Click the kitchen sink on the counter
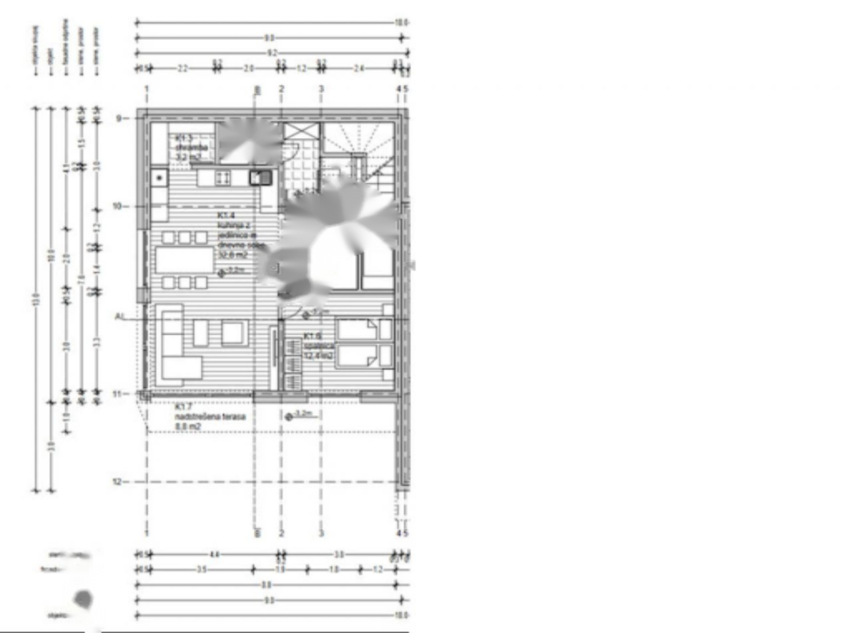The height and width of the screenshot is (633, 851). point(260,177)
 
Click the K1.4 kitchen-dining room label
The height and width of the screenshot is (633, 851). point(234,235)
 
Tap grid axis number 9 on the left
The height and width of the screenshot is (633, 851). point(119,118)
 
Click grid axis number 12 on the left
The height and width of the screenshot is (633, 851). point(118,482)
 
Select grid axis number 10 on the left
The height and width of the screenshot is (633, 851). point(118,207)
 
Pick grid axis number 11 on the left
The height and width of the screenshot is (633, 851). point(118,395)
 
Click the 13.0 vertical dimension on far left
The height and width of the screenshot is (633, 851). point(36,300)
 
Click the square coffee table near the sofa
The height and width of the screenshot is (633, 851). point(233,332)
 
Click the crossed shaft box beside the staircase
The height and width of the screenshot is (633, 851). point(293,131)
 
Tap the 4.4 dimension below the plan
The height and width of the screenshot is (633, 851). point(215,554)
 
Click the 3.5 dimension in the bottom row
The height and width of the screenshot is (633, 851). point(201,569)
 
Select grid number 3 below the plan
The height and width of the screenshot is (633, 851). point(321,533)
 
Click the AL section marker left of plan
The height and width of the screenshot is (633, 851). point(120,317)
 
